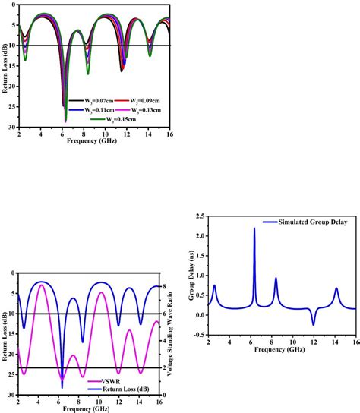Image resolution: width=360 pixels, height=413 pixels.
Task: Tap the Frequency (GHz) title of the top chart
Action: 90,141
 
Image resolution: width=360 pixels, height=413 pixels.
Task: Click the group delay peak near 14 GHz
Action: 336,288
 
